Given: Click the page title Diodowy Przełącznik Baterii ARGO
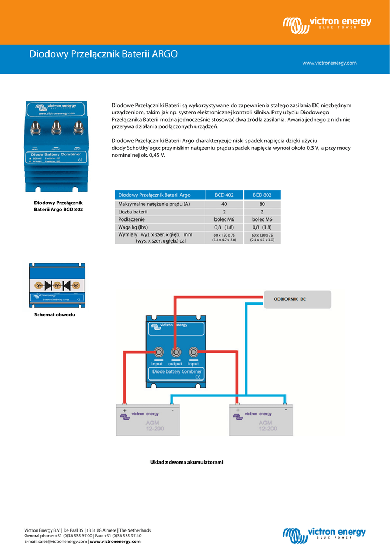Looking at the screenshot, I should click(103, 54).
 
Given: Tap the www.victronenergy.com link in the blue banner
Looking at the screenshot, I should click(329, 63).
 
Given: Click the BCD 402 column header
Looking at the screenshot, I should click(224, 195).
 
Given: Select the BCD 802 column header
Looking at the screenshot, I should click(262, 195).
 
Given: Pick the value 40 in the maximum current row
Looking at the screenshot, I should click(224, 204).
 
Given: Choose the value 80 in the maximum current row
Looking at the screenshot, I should click(262, 204).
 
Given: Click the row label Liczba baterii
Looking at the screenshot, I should click(133, 212).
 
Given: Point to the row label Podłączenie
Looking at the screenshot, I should click(131, 219).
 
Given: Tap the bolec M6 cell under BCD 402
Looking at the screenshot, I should click(224, 219).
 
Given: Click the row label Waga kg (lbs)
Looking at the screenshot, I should click(136, 227).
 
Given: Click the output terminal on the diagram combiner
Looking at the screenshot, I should click(176, 353).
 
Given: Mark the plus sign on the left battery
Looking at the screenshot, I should click(124, 410).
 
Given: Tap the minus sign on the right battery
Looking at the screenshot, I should click(285, 410).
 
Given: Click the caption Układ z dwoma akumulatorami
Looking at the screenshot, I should click(186, 463).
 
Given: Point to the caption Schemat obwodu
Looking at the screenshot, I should click(55, 314).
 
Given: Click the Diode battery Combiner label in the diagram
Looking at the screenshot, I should click(177, 371).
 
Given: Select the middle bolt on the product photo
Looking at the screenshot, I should click(55, 129).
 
